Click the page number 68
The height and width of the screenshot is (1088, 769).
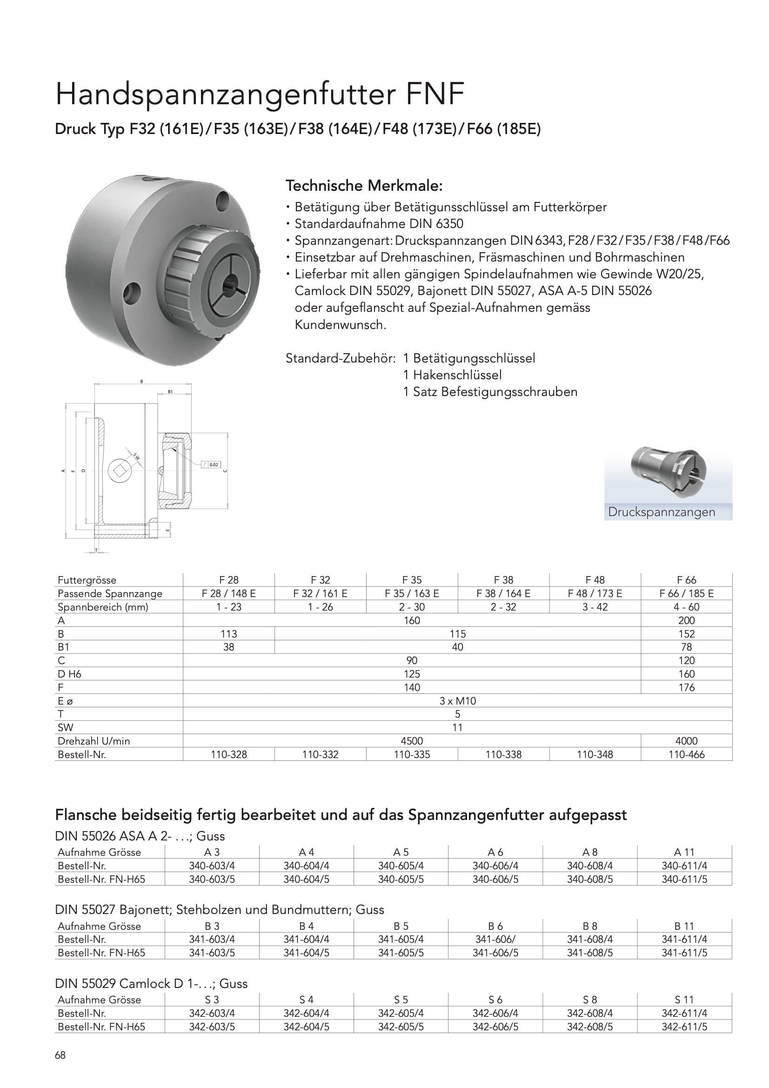pos(60,1055)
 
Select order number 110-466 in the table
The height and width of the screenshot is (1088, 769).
pos(686,754)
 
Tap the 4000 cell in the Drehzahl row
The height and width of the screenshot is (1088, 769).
pos(686,741)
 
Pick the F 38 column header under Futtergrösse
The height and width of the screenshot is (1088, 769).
pos(503,580)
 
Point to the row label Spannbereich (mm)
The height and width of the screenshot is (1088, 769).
pos(103,607)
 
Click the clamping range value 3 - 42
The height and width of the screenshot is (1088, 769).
pos(595,607)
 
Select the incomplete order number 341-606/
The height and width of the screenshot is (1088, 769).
pos(495,939)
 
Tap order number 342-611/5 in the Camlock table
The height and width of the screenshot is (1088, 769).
pos(684,1027)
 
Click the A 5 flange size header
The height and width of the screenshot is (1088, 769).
pos(401,852)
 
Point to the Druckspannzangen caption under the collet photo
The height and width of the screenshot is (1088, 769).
pos(662,512)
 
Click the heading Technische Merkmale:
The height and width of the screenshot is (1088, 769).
pos(364,186)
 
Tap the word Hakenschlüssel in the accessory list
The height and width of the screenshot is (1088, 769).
pos(457,375)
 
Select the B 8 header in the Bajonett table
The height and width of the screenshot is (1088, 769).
pos(590,926)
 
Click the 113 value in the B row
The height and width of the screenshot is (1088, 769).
pos(228,634)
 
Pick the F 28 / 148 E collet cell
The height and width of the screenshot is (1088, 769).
pos(228,593)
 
